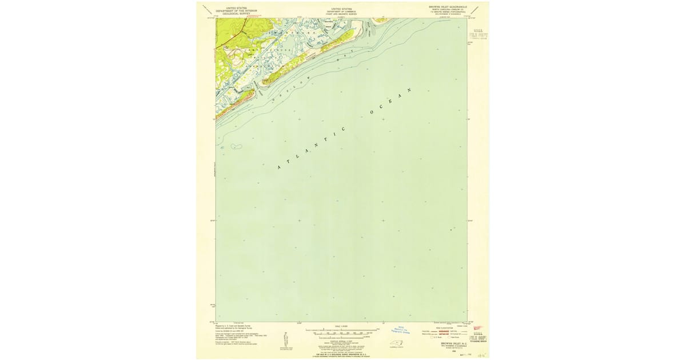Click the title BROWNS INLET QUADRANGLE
pyautogui.click(x=448, y=7)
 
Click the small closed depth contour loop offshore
pyautogui.click(x=234, y=146)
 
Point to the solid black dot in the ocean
pyautogui.click(x=451, y=230)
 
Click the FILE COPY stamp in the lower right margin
pyautogui.click(x=480, y=334)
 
